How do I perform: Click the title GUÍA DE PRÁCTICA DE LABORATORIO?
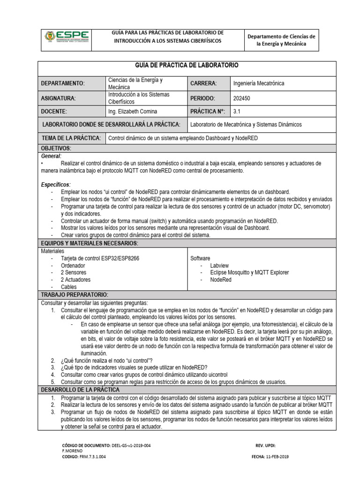coord(187,65)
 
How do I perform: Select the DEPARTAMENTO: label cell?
coord(63,83)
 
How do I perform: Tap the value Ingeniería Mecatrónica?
coord(258,83)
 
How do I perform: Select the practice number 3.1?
coord(236,112)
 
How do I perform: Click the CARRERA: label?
coord(203,83)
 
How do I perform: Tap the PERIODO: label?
coord(202,98)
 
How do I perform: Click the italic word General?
coord(52,155)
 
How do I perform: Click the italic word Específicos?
coord(56,185)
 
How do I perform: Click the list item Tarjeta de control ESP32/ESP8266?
coord(100,258)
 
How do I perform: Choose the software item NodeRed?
coord(221,279)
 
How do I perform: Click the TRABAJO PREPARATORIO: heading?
coord(75,294)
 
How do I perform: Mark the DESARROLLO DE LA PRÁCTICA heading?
coord(80,390)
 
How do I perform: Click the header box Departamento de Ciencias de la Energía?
coord(281,40)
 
